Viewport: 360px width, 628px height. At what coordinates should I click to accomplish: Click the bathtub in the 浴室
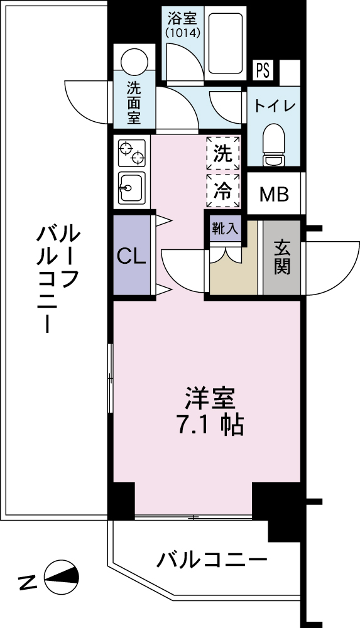pos(226,43)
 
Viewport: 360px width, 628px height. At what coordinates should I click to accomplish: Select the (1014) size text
pos(183,33)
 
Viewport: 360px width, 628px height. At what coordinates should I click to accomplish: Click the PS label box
pos(263,70)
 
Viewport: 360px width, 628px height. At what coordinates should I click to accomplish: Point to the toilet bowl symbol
pos(274,144)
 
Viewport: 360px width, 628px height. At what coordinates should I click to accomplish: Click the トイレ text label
pos(275,106)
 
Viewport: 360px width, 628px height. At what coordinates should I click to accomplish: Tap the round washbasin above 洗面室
pos(134,59)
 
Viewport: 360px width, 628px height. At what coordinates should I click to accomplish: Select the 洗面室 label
pos(134,103)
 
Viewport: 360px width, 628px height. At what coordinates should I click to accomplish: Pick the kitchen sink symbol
pos(131,188)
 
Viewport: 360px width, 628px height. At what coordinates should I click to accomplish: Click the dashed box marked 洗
pos(223,153)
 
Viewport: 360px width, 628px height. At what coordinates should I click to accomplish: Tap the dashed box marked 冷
pos(223,191)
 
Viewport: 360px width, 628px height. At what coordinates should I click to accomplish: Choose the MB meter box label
pos(274,195)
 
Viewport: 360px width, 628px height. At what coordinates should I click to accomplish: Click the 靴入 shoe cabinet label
pos(226,229)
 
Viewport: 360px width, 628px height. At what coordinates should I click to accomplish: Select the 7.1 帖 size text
pos(210,425)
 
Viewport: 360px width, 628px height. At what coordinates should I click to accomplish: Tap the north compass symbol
pos(62,577)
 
